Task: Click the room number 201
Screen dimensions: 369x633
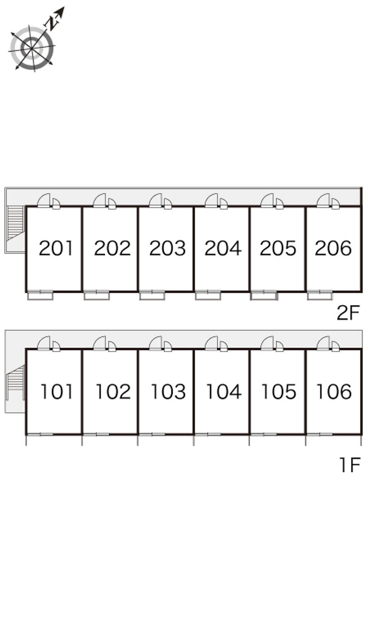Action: click(56, 248)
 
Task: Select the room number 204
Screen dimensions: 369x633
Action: click(223, 248)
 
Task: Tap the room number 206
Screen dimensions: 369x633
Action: click(333, 248)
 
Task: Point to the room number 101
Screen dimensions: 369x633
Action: click(57, 392)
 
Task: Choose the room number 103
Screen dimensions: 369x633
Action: click(168, 392)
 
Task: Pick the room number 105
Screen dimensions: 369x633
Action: click(279, 392)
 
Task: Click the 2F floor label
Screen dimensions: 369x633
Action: click(348, 314)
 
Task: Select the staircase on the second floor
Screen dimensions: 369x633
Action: click(15, 223)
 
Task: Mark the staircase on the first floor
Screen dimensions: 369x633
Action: click(16, 382)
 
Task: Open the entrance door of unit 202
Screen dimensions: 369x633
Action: click(100, 201)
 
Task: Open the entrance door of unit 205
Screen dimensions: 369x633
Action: click(268, 201)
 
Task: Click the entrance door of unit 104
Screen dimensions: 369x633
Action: click(212, 343)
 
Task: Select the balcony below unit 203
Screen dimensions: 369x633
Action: click(152, 295)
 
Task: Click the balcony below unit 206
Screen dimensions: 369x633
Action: click(320, 295)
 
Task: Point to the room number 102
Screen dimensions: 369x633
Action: click(113, 392)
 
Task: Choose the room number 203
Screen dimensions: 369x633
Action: click(167, 248)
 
